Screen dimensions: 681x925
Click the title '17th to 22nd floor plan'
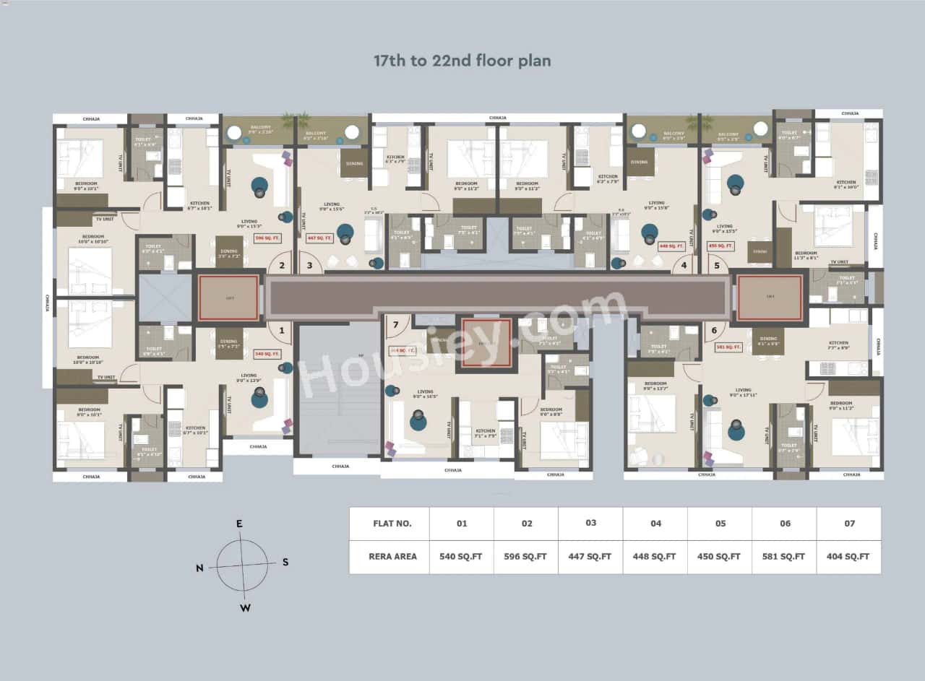462,61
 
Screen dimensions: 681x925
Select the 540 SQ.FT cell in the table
461,556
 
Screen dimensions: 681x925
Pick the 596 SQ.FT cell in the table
526,556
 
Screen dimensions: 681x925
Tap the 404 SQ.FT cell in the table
848,556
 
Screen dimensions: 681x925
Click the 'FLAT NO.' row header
392,524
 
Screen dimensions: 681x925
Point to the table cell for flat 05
720,524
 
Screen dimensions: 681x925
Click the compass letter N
199,568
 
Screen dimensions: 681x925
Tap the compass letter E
239,524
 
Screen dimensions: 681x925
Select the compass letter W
245,607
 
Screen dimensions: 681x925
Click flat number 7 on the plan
395,324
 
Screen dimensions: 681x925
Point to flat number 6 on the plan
714,329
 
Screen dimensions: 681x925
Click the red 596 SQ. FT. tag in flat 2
267,238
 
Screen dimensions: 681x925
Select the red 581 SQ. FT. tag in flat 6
728,347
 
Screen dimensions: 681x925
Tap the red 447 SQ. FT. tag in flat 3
319,238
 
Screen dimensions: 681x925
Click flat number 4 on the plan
684,265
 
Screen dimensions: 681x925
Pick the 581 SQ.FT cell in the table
784,556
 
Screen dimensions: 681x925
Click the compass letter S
285,562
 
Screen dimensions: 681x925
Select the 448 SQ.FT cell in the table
655,556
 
